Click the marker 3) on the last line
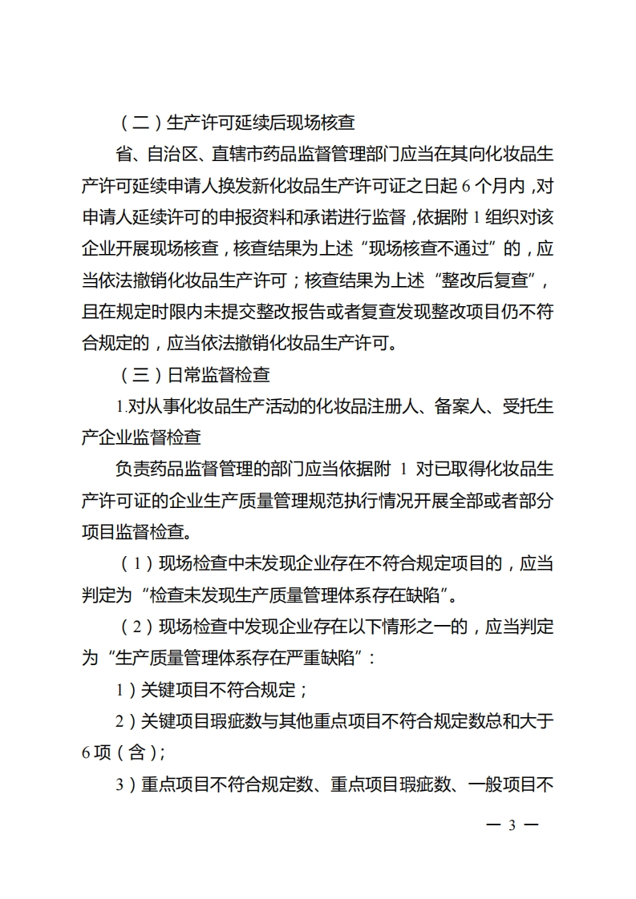click(128, 783)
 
